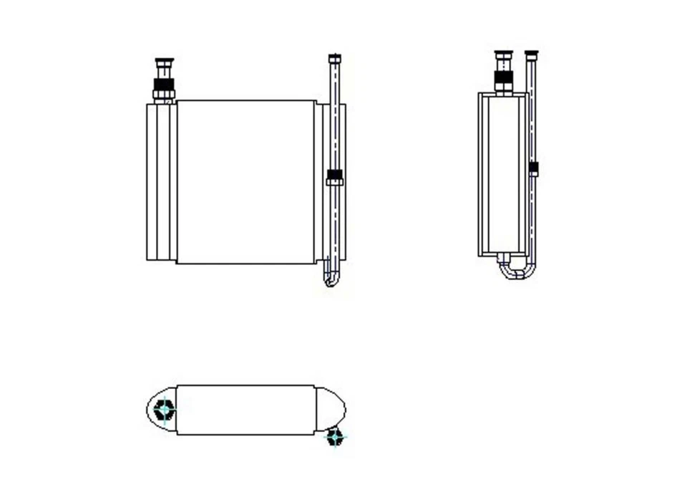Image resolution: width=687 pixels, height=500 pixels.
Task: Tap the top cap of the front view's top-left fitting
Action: click(x=164, y=62)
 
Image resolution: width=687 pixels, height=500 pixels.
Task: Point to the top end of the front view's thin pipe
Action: click(x=334, y=58)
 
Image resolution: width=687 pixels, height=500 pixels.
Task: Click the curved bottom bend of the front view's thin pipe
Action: click(x=330, y=279)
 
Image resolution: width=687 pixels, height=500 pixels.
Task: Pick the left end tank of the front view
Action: click(x=161, y=182)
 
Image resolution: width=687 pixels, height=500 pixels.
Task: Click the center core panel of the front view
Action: click(x=245, y=182)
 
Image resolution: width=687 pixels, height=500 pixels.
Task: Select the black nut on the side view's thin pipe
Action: click(x=533, y=169)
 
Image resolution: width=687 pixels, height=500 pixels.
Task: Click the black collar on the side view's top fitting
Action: click(x=504, y=78)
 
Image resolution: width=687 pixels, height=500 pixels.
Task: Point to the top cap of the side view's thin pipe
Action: click(x=531, y=54)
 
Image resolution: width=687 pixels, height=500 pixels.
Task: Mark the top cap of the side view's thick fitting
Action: click(x=504, y=54)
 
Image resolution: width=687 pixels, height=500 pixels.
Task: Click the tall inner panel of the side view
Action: click(x=504, y=174)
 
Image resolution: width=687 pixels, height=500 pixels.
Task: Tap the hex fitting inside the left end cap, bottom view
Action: click(x=165, y=410)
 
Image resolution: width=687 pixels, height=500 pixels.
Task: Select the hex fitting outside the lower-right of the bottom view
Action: click(x=334, y=436)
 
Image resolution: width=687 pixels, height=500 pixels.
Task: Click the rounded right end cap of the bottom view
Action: click(x=330, y=408)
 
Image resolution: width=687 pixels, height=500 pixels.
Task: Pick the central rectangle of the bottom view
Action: click(x=245, y=410)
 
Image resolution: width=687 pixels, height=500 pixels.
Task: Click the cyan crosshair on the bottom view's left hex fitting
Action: click(x=165, y=410)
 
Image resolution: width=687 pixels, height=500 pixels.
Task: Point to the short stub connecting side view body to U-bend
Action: click(x=504, y=258)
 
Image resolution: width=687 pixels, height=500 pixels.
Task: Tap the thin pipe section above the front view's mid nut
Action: click(x=334, y=115)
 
